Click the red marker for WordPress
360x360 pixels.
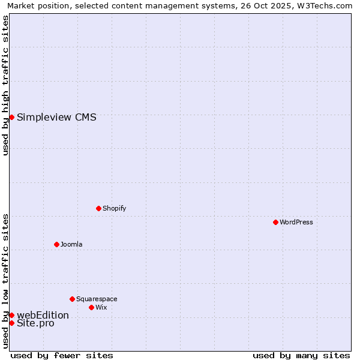275,222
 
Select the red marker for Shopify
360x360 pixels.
98,208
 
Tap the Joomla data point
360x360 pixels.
56,244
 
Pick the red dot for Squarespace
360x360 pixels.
72,299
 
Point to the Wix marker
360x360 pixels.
91,307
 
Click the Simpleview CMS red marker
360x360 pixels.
11,117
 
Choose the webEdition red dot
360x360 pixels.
11,315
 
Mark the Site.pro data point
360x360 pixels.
11,323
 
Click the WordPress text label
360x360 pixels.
296,222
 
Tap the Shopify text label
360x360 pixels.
114,208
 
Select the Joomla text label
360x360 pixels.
71,244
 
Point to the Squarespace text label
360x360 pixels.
97,299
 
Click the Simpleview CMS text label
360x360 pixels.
56,117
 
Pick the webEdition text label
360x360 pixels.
43,315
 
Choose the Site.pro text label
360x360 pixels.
35,323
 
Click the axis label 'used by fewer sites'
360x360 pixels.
62,355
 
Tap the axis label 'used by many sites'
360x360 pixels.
301,355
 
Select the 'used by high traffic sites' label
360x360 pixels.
5,85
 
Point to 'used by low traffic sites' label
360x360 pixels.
5,281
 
